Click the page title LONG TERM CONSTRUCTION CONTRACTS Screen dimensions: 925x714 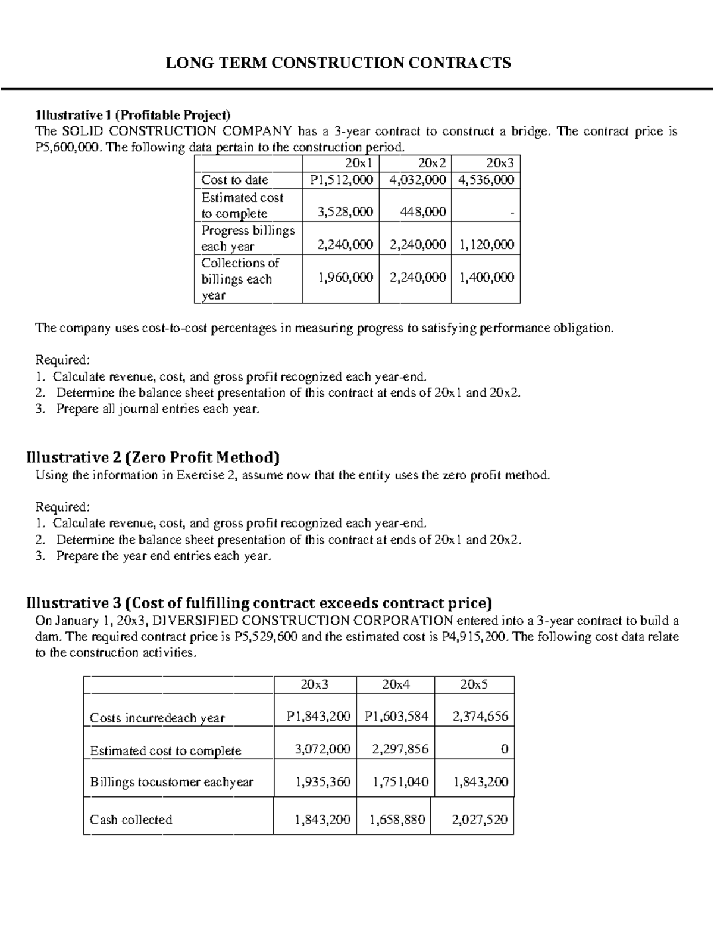338,63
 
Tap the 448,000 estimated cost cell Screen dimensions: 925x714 423,212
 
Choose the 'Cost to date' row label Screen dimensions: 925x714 234,180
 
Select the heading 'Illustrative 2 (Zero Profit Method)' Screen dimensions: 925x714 153,457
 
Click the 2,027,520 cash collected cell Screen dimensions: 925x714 480,820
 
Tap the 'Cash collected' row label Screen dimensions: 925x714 131,820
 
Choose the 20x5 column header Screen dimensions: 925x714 474,684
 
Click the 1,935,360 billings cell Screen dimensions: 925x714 322,782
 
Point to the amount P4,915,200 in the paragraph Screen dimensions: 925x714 475,637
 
